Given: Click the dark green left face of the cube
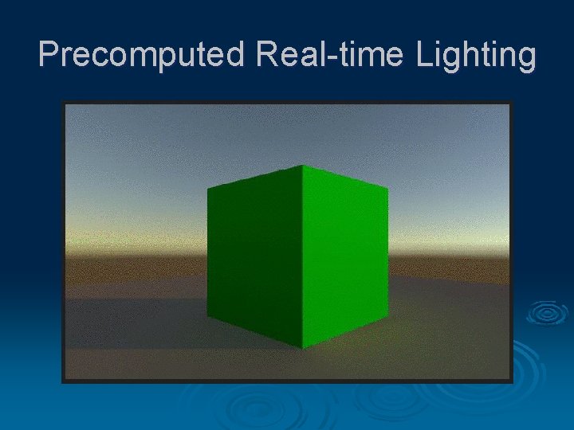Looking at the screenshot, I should [254, 255].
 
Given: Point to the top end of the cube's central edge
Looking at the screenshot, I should [302, 165].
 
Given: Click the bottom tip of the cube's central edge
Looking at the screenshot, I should [302, 348].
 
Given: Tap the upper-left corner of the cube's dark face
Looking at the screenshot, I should [207, 190].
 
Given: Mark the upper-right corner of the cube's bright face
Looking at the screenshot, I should [388, 188].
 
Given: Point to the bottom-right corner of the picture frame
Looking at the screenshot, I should [512, 382].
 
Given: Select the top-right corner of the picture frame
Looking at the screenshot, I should [512, 103].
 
